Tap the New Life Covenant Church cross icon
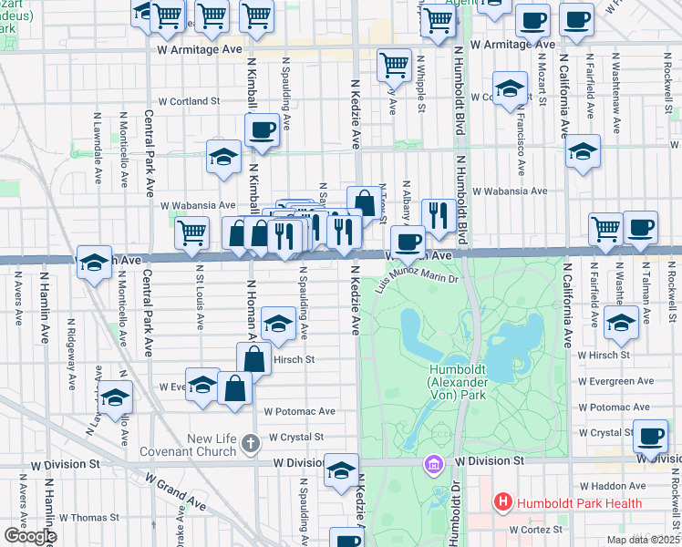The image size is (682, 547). (x=251, y=444)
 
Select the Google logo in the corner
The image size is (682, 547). (x=29, y=536)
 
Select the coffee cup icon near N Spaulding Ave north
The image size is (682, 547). (x=262, y=130)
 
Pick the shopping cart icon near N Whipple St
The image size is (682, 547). (x=394, y=64)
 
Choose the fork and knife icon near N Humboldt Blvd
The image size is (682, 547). (x=439, y=215)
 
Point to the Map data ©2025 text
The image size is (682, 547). (x=643, y=540)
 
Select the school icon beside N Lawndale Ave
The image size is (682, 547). (x=116, y=397)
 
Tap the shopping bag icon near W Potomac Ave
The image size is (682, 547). (x=235, y=388)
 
